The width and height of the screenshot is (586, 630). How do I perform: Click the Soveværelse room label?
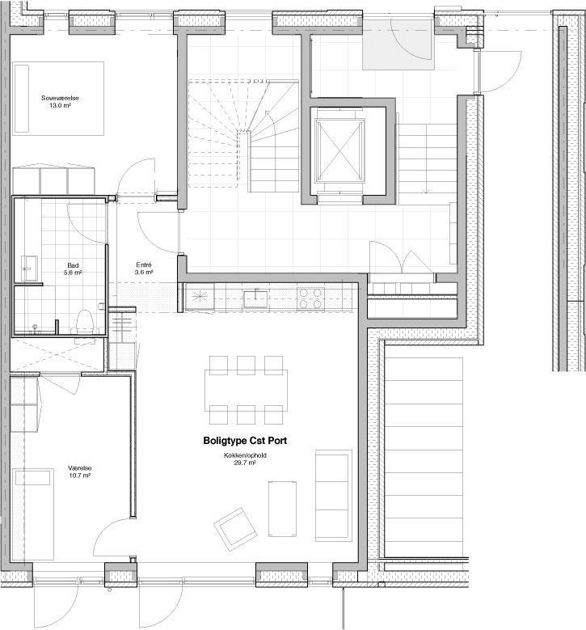(60, 98)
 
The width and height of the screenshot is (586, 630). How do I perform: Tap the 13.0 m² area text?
(60, 106)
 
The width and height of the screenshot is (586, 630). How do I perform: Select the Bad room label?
(73, 265)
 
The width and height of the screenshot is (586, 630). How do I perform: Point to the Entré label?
(144, 264)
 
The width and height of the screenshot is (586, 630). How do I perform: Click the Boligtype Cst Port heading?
(245, 441)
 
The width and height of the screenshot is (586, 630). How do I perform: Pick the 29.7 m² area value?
(245, 463)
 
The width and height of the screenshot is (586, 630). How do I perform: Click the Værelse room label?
(79, 468)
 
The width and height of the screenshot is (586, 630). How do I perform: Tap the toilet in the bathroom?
(85, 322)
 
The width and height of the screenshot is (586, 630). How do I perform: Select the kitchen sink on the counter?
(256, 298)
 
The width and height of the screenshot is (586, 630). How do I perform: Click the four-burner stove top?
(311, 298)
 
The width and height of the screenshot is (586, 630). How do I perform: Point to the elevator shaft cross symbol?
(339, 150)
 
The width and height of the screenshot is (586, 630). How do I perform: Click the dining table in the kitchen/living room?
(246, 390)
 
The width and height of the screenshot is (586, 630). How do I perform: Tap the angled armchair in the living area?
(235, 529)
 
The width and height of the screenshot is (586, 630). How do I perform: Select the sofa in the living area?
(333, 496)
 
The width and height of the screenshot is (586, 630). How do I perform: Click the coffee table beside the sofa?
(282, 508)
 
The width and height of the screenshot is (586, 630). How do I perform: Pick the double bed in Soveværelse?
(58, 99)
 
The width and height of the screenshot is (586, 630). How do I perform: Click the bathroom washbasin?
(29, 268)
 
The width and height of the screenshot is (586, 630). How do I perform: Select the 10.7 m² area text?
(79, 476)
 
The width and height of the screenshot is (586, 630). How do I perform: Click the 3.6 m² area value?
(144, 273)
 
